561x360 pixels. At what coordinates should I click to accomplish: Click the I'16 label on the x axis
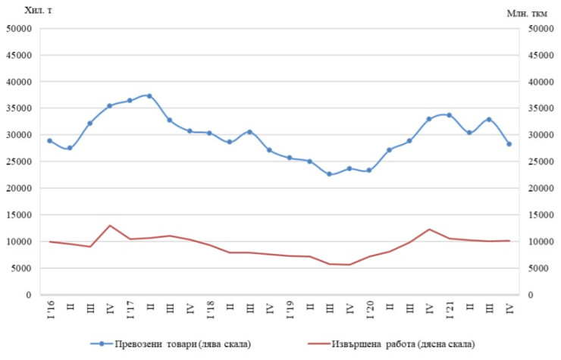click(x=50, y=309)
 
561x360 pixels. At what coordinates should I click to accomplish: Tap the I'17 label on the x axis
click(x=130, y=309)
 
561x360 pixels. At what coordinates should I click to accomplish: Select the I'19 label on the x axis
click(x=290, y=309)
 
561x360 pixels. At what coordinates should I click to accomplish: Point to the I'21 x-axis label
click(x=450, y=309)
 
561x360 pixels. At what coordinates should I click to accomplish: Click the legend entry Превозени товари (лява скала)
click(x=175, y=344)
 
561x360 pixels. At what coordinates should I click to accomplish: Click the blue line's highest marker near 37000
click(x=149, y=96)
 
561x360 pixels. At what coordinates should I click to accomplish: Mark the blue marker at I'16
click(x=50, y=141)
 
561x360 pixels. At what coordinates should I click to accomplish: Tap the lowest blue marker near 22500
click(x=329, y=174)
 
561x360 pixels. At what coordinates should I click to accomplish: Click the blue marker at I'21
click(x=450, y=115)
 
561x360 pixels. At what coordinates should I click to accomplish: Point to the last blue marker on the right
click(x=509, y=144)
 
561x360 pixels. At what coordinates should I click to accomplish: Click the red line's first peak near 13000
click(x=110, y=225)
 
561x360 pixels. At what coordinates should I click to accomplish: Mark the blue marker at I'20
click(x=369, y=171)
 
